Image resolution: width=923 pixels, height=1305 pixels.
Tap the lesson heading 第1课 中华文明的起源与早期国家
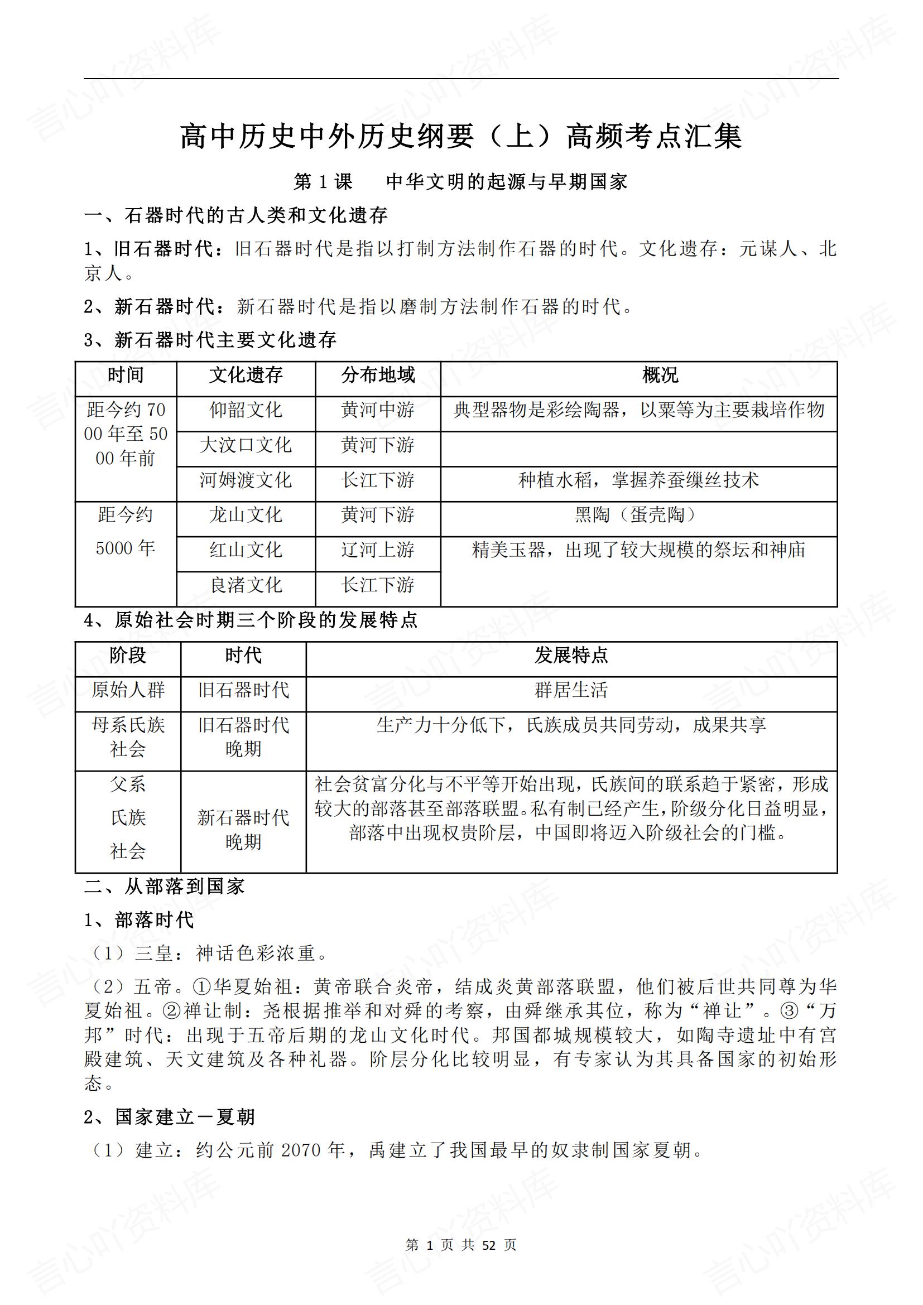tap(461, 182)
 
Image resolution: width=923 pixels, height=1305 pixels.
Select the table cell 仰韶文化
tap(246, 410)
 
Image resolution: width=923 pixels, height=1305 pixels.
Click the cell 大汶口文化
tap(246, 445)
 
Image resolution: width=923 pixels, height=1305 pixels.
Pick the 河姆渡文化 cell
tap(246, 480)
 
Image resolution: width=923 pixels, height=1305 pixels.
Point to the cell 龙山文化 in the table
tap(246, 515)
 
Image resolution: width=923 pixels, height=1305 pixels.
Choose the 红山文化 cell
tap(246, 550)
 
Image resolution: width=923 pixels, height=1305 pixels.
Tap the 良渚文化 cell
tap(246, 585)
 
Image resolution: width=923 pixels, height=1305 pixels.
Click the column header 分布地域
tap(378, 375)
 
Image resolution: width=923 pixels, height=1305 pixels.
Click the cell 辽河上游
tap(378, 550)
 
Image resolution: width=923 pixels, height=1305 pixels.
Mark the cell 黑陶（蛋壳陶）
tap(638, 515)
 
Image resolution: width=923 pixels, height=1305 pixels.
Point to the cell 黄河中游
tap(378, 410)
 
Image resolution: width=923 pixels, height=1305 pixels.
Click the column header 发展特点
tap(571, 656)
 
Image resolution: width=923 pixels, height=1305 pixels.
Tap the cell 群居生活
tap(571, 690)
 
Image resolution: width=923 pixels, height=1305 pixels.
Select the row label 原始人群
tap(128, 690)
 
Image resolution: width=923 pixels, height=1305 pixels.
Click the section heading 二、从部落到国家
tap(164, 887)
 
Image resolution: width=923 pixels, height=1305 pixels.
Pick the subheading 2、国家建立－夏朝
tap(170, 1118)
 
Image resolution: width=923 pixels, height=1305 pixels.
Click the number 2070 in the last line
tap(302, 1151)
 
